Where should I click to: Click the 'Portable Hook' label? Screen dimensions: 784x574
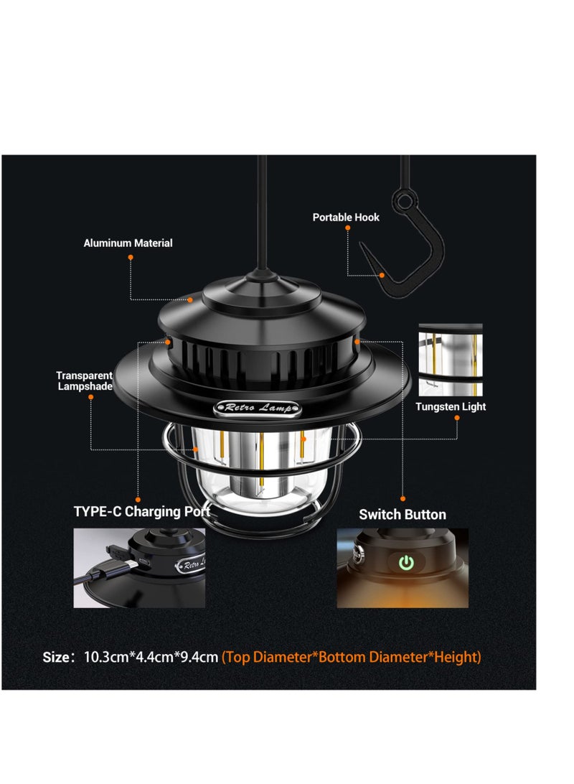pyautogui.click(x=346, y=217)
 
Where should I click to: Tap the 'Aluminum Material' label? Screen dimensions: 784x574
pyautogui.click(x=128, y=243)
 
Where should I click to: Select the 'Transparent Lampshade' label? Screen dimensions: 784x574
pyautogui.click(x=85, y=381)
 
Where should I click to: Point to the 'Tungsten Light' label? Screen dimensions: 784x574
pyautogui.click(x=451, y=407)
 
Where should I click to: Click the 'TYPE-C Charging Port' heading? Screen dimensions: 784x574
pyautogui.click(x=142, y=512)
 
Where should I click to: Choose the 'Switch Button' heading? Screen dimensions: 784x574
pyautogui.click(x=402, y=515)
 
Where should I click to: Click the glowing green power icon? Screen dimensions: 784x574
pyautogui.click(x=407, y=562)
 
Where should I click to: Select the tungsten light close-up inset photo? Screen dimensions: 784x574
pyautogui.click(x=451, y=360)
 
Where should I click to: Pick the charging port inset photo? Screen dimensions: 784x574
pyautogui.click(x=139, y=568)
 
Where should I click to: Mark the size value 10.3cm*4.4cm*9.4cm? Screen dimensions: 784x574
pyautogui.click(x=151, y=657)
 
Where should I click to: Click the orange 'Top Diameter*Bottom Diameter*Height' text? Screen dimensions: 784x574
pyautogui.click(x=352, y=657)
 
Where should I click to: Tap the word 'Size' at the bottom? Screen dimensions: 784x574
pyautogui.click(x=57, y=657)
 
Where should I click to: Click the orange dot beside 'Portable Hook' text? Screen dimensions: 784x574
pyautogui.click(x=348, y=228)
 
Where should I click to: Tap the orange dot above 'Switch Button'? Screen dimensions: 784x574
pyautogui.click(x=403, y=498)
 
